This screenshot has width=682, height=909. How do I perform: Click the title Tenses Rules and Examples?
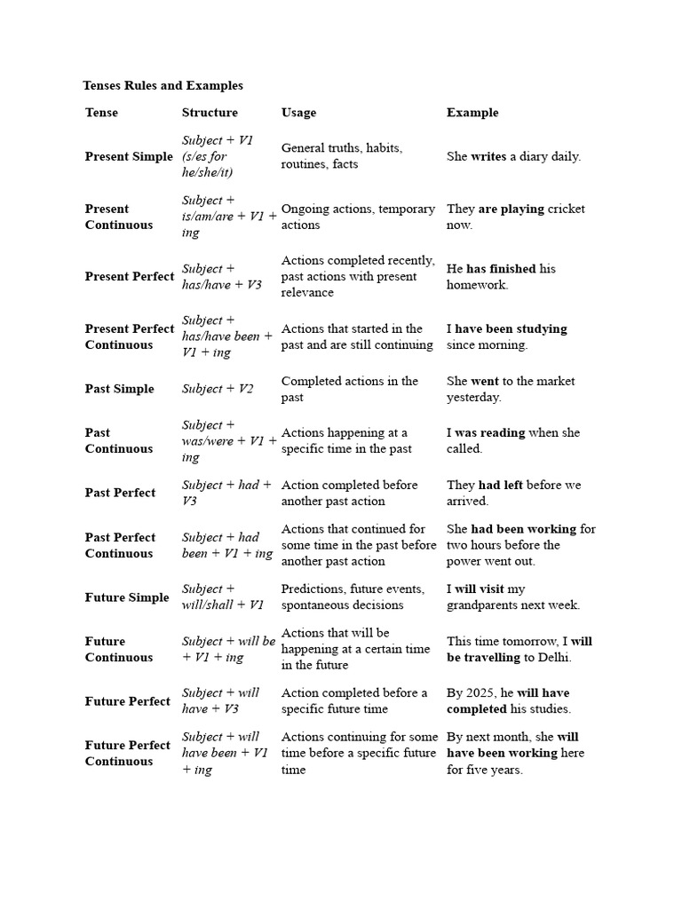point(163,86)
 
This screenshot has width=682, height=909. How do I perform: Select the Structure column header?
point(210,113)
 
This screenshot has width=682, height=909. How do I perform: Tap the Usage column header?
point(298,113)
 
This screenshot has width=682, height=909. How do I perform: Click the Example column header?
point(472,113)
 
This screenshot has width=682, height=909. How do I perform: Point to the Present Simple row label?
point(129,156)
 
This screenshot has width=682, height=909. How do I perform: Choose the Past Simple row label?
point(119,389)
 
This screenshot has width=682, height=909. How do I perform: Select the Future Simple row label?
point(127,597)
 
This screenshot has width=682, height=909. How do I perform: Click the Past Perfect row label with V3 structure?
point(120,493)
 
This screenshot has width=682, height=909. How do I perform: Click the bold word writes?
point(488,156)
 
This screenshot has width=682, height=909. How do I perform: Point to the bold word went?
point(485,381)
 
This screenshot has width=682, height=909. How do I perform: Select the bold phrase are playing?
point(511,209)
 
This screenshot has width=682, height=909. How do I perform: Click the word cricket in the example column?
point(567,209)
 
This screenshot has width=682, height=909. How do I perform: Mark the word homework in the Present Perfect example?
point(478,285)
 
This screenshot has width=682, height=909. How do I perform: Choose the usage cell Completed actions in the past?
point(349,389)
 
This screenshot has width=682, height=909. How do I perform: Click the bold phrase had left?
point(500,485)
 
